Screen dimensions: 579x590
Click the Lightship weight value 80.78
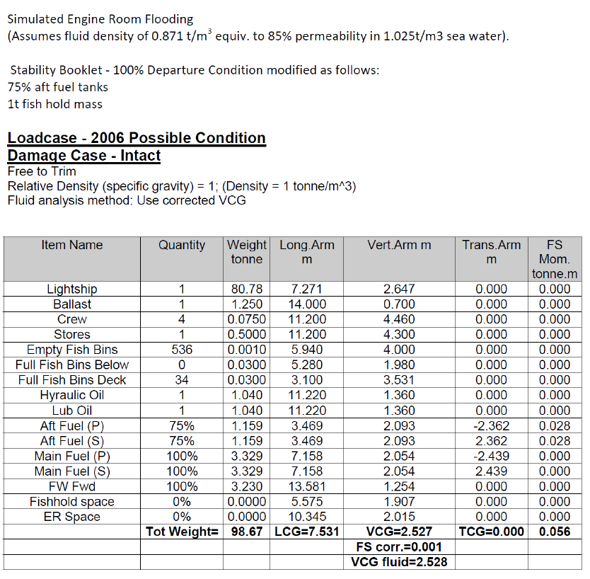tap(246, 289)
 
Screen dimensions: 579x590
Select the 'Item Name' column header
tap(72, 245)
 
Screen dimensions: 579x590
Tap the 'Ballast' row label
tap(72, 304)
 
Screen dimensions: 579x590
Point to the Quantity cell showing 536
tap(182, 350)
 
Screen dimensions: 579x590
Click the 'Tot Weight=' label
tap(182, 532)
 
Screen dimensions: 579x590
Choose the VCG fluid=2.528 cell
tap(399, 562)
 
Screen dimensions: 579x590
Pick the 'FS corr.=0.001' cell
tap(399, 547)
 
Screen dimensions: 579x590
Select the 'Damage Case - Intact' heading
tap(84, 156)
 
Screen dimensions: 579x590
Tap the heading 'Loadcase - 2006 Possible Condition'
tap(137, 138)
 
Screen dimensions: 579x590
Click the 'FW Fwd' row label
tap(72, 486)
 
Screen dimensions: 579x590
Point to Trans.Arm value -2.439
tap(491, 456)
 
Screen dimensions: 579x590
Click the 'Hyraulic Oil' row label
tap(72, 395)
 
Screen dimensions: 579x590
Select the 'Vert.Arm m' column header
tap(399, 245)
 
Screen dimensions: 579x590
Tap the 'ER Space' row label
tap(72, 517)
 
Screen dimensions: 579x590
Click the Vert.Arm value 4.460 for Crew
tap(399, 319)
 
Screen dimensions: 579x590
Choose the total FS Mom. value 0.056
tap(554, 532)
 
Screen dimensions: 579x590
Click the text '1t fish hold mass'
tap(55, 104)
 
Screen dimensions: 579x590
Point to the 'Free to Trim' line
tap(42, 171)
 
